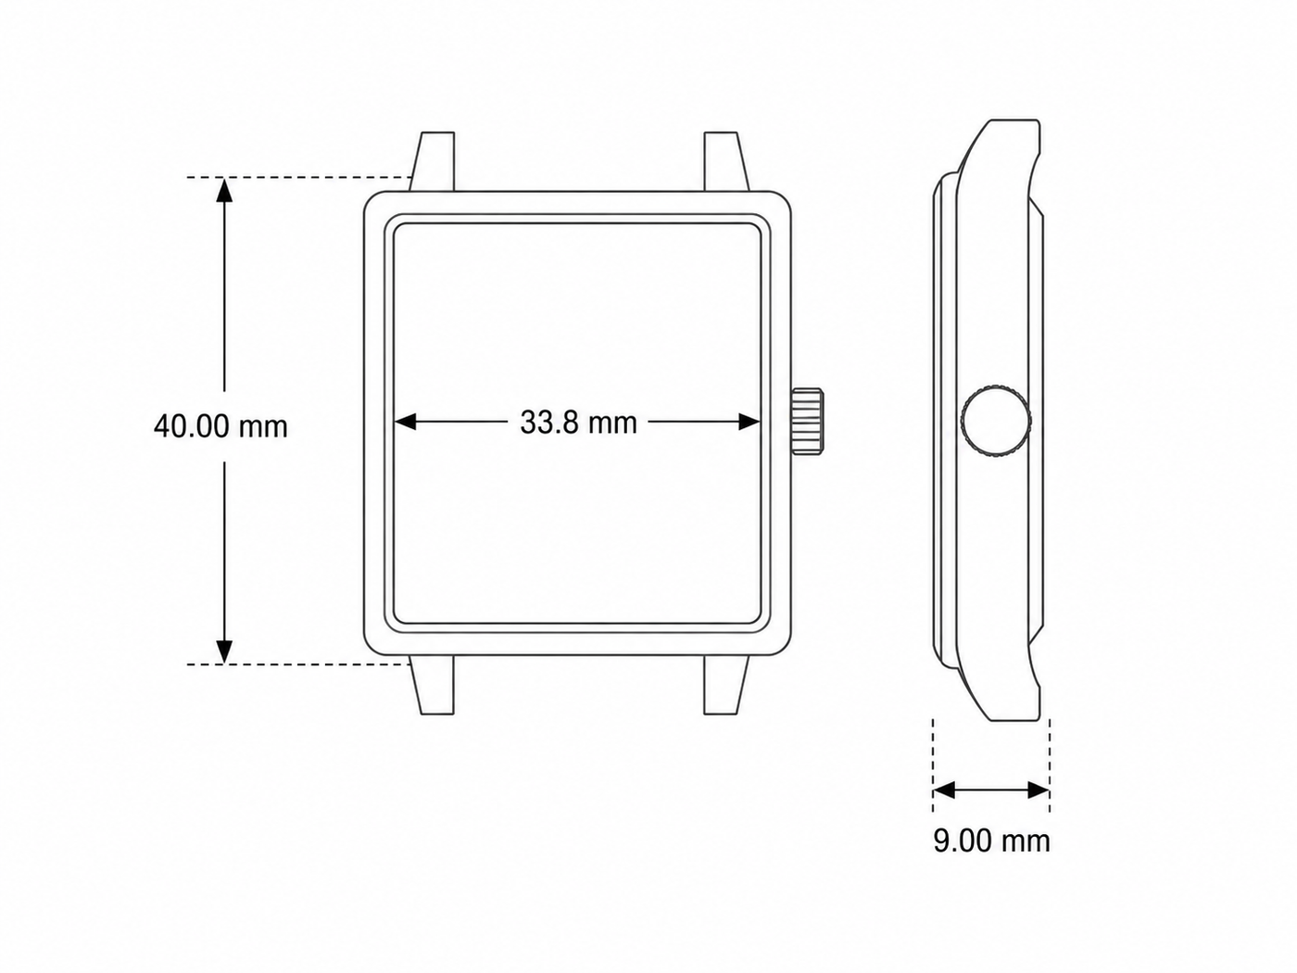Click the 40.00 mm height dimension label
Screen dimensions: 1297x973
(220, 426)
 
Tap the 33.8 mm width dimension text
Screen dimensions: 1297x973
(578, 423)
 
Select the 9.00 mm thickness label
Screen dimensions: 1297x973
(991, 840)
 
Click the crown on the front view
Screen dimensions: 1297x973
(807, 422)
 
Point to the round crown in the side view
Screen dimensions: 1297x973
(996, 421)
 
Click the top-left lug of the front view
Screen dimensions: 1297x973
(434, 161)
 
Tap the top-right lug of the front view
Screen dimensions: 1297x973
(726, 161)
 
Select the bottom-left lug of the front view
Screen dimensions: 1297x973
(434, 685)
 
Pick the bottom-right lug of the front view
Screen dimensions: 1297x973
(726, 685)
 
